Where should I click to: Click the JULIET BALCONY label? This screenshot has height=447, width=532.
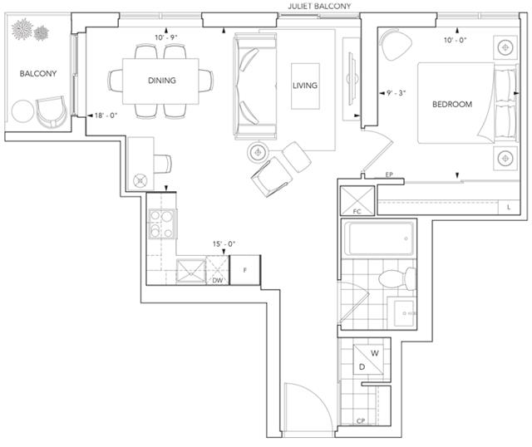319,6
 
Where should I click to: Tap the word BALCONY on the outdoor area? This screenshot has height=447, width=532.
38,74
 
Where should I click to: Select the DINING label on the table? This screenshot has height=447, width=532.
162,81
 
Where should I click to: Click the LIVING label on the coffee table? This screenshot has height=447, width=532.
305,86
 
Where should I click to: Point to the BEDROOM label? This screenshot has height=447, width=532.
452,105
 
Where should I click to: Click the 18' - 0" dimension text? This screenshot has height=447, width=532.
106,115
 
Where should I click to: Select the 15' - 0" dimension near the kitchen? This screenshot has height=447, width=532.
224,243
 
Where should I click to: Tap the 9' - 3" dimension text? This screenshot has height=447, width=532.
396,93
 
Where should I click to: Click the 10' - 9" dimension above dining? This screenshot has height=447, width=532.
166,37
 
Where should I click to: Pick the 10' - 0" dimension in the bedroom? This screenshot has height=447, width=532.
456,40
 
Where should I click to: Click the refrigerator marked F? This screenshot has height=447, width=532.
245,270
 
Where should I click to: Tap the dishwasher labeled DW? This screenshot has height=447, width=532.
218,270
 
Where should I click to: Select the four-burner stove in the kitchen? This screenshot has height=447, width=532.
162,223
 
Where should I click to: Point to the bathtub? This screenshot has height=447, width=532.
379,238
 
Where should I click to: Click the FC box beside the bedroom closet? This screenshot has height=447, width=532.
357,200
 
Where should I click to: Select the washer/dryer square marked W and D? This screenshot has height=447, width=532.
368,360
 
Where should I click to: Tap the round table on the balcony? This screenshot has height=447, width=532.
22,111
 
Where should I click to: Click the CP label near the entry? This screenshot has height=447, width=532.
361,421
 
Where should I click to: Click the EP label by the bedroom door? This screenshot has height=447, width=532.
389,174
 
